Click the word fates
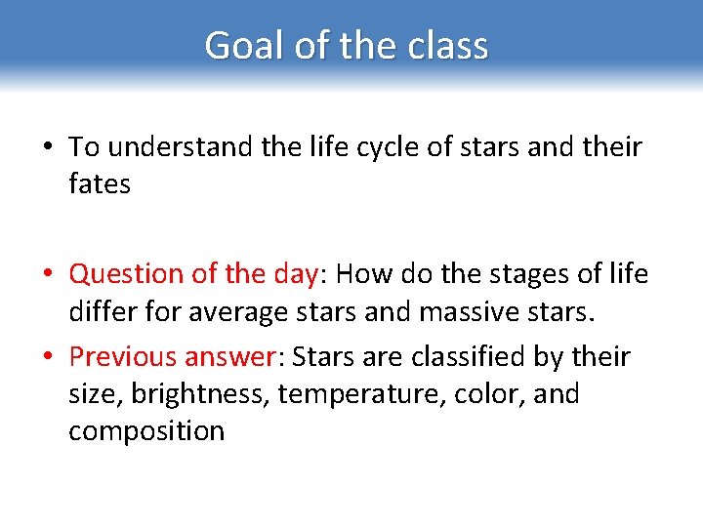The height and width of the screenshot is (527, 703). tap(100, 183)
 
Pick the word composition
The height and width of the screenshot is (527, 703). tap(146, 431)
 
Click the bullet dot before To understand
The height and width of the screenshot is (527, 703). tap(46, 148)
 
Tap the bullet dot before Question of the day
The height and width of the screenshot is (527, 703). tap(46, 275)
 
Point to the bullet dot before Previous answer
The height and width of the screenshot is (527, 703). tap(46, 358)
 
